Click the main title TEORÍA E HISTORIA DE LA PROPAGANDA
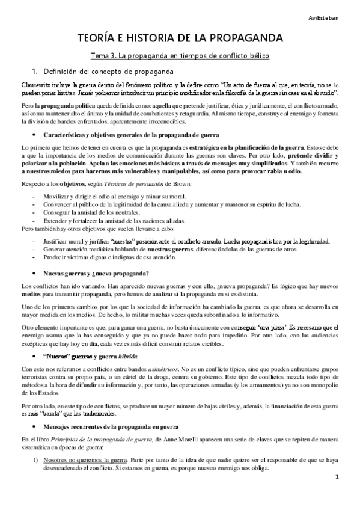[180, 38]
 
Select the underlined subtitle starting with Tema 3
[180, 55]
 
